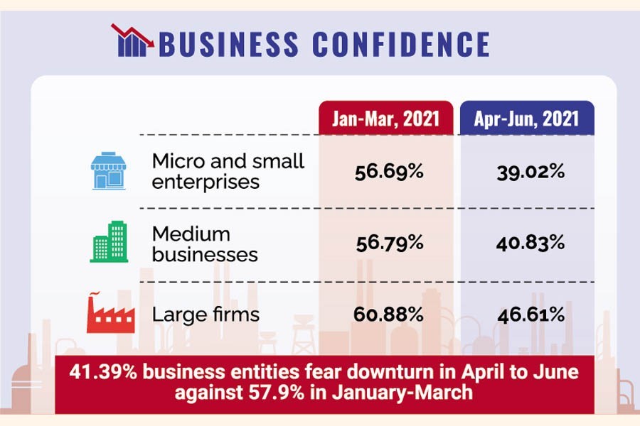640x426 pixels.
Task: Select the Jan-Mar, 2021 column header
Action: (385, 118)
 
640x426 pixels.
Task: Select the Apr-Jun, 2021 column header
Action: (527, 118)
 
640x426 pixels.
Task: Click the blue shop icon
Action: (108, 171)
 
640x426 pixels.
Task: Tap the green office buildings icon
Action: (109, 241)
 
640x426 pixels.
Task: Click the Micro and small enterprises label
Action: (228, 171)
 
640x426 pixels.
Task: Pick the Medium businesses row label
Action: (205, 244)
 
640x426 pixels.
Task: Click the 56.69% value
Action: (389, 172)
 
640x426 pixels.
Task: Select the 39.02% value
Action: (530, 172)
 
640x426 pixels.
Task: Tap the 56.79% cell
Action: (389, 243)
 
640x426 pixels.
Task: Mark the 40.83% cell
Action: (530, 243)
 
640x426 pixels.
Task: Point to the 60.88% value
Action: (389, 314)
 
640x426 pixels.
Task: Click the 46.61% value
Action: (530, 314)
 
